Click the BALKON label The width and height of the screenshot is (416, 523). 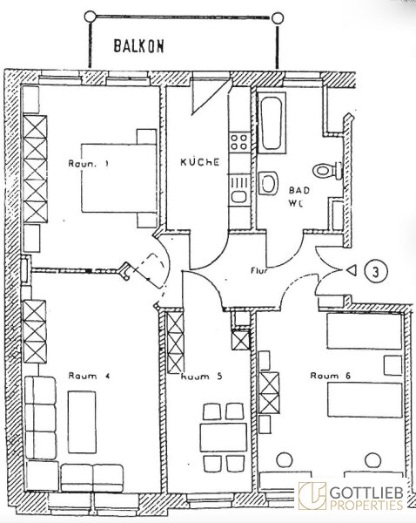(x=139, y=46)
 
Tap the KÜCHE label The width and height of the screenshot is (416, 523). (x=200, y=162)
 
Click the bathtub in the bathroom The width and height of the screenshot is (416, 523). (x=272, y=123)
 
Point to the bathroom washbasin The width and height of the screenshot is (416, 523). (x=268, y=183)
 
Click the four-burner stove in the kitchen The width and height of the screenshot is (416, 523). (x=239, y=141)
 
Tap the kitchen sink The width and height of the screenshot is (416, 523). (x=239, y=190)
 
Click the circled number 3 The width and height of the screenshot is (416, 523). (x=375, y=271)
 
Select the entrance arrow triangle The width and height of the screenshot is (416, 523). (x=352, y=270)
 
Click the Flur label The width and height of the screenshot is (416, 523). (x=258, y=270)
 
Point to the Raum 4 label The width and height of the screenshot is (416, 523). (x=89, y=376)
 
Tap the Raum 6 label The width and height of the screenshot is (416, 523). (x=331, y=376)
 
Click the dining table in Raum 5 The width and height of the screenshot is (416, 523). (x=224, y=437)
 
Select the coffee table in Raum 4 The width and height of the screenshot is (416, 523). (x=82, y=422)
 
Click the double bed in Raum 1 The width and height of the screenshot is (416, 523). (x=119, y=178)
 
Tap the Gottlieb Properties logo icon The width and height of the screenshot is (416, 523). (x=312, y=496)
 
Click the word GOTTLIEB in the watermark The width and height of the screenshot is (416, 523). (x=366, y=492)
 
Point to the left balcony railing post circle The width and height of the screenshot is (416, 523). (x=91, y=16)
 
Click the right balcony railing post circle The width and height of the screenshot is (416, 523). (x=277, y=18)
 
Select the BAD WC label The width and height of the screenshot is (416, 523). (x=299, y=197)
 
